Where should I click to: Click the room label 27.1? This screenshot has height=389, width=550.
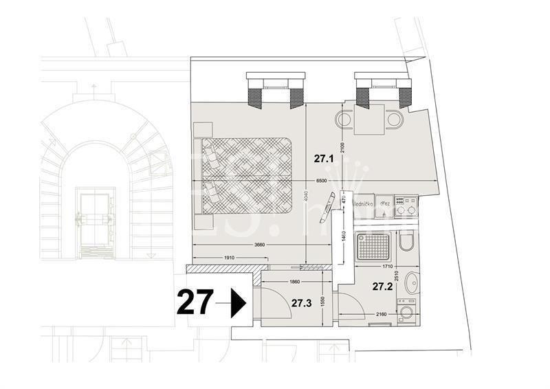(x=324, y=158)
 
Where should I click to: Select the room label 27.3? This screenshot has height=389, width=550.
(x=300, y=302)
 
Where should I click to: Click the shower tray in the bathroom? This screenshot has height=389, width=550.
(x=373, y=246)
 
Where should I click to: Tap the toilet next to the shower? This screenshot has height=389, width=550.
(x=407, y=245)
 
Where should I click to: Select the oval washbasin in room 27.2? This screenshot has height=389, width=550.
(x=411, y=283)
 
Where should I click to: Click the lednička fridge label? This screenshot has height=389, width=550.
(x=363, y=204)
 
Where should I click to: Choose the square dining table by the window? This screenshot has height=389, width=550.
(x=368, y=120)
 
